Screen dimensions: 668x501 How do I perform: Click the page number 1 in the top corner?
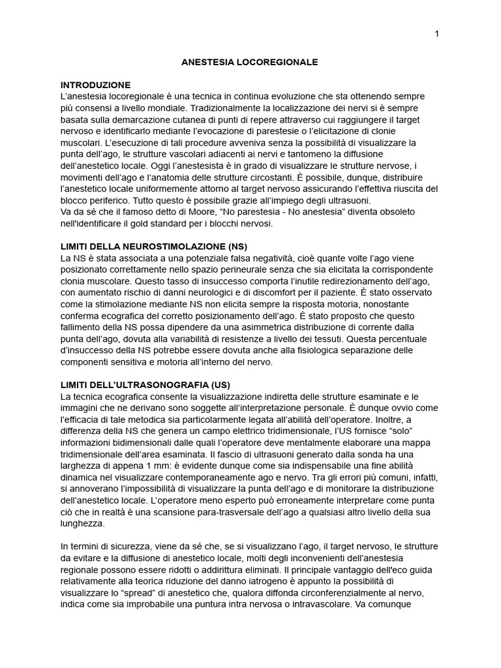click(436, 34)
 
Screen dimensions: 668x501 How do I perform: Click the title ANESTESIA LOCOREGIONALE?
click(250, 63)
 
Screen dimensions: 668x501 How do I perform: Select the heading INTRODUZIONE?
click(95, 85)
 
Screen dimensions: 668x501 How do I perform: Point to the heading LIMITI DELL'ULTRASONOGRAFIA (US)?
click(145, 385)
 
